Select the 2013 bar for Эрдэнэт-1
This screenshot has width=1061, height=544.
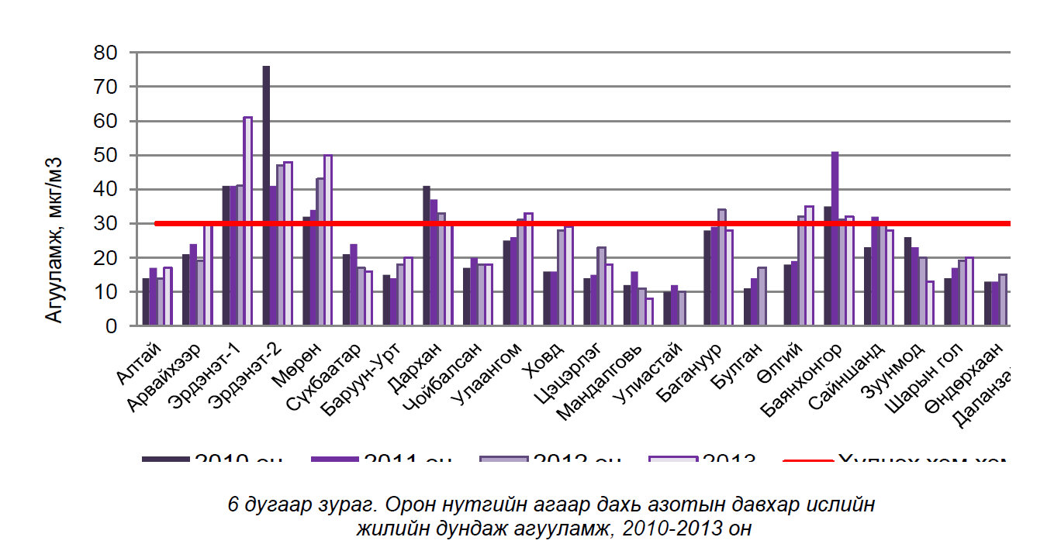[247, 221]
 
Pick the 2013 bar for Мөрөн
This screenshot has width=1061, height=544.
[328, 240]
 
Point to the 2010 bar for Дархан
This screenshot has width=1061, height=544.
[426, 256]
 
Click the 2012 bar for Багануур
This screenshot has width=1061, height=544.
[722, 267]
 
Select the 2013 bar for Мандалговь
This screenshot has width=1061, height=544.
[649, 312]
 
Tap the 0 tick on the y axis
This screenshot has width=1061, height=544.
[112, 326]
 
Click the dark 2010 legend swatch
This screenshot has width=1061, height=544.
[165, 460]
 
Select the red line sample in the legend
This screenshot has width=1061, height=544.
[808, 460]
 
